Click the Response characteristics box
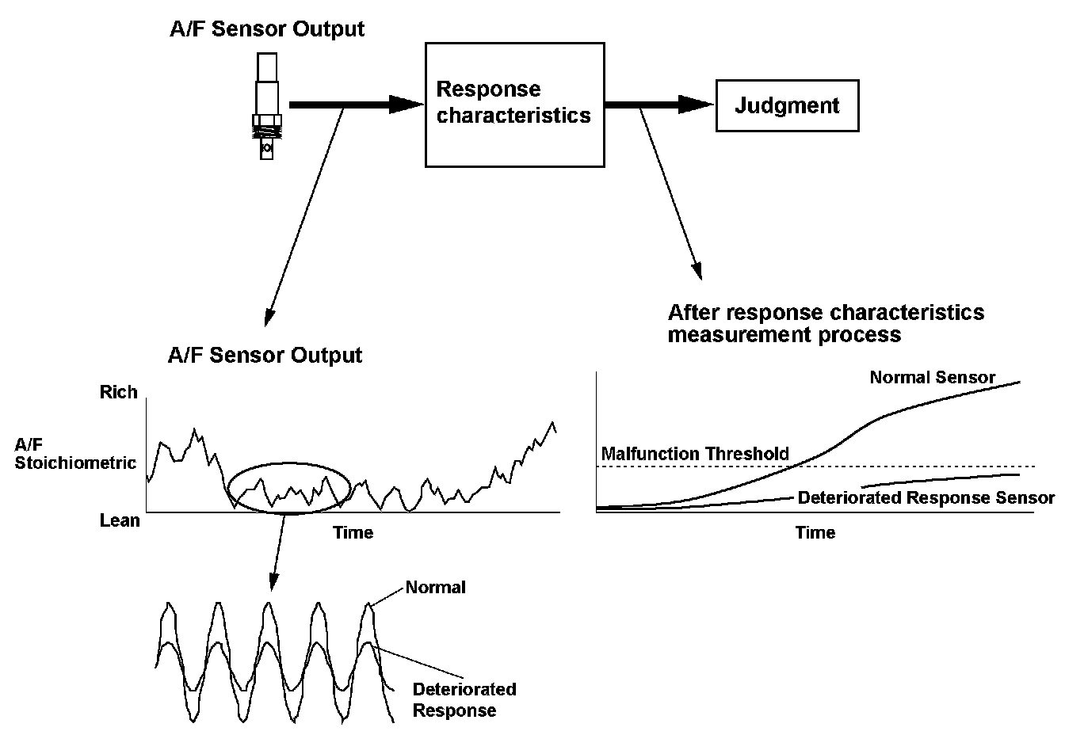coord(515,104)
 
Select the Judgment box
coord(787,105)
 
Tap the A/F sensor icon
coord(267,106)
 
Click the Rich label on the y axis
coord(119,392)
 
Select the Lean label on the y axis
coord(120,520)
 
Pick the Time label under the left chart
coord(353,532)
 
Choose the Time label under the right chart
coord(815,532)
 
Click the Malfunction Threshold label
coord(695,454)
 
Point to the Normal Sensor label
coord(932,378)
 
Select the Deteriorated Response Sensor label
coord(926,498)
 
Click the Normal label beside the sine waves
coord(435,588)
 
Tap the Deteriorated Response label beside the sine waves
coord(464,699)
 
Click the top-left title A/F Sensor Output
coord(267,29)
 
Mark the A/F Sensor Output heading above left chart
coord(265,355)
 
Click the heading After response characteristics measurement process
coord(826,323)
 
